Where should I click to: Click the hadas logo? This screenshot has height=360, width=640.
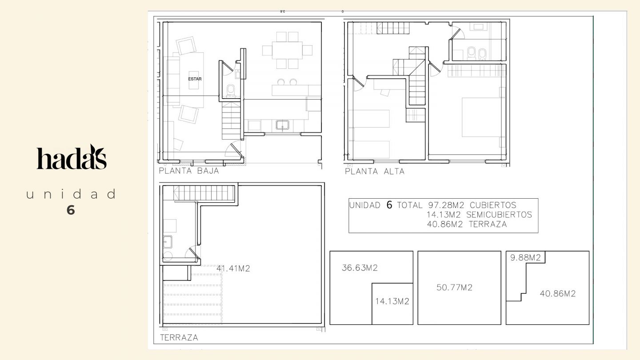72,157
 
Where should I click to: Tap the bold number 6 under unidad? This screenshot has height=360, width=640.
71,210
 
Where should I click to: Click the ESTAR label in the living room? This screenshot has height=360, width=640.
195,79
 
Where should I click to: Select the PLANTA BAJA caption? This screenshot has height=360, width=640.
189,171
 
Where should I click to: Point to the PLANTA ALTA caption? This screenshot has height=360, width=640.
375,172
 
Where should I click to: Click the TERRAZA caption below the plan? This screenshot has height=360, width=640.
179,338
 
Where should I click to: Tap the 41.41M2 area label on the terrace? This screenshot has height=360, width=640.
233,268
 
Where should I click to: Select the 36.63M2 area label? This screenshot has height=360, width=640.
360,268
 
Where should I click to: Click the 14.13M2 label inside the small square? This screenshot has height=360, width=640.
392,301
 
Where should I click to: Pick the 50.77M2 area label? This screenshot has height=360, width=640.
454,288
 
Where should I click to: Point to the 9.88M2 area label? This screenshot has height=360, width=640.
525,258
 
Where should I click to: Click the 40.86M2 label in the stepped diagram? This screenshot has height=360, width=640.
557,294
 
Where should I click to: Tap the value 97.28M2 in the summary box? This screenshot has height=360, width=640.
446,205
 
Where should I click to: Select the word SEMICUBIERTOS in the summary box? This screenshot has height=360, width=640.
499,215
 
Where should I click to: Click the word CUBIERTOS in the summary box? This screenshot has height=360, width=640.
493,205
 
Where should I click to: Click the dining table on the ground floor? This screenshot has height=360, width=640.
287,50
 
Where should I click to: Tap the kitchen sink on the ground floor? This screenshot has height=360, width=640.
282,125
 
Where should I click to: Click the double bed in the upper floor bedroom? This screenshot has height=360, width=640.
481,117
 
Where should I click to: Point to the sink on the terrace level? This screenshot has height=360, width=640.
168,242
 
